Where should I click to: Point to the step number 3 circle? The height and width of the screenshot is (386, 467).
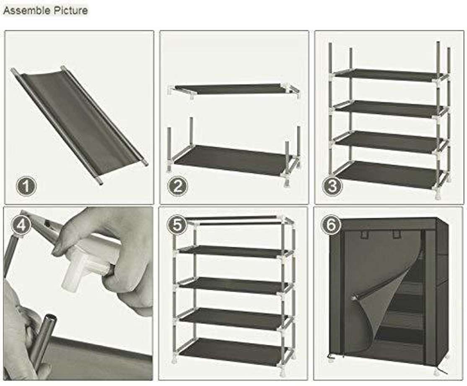pos(332,186)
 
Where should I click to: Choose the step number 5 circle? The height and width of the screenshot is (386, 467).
pos(178,225)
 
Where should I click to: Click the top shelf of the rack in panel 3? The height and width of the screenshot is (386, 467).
pos(390,75)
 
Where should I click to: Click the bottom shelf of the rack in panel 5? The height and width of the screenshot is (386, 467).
pos(235,351)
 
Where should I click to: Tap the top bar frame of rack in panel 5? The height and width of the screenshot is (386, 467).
pos(235,221)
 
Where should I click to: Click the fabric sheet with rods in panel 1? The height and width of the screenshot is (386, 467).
pos(80,122)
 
